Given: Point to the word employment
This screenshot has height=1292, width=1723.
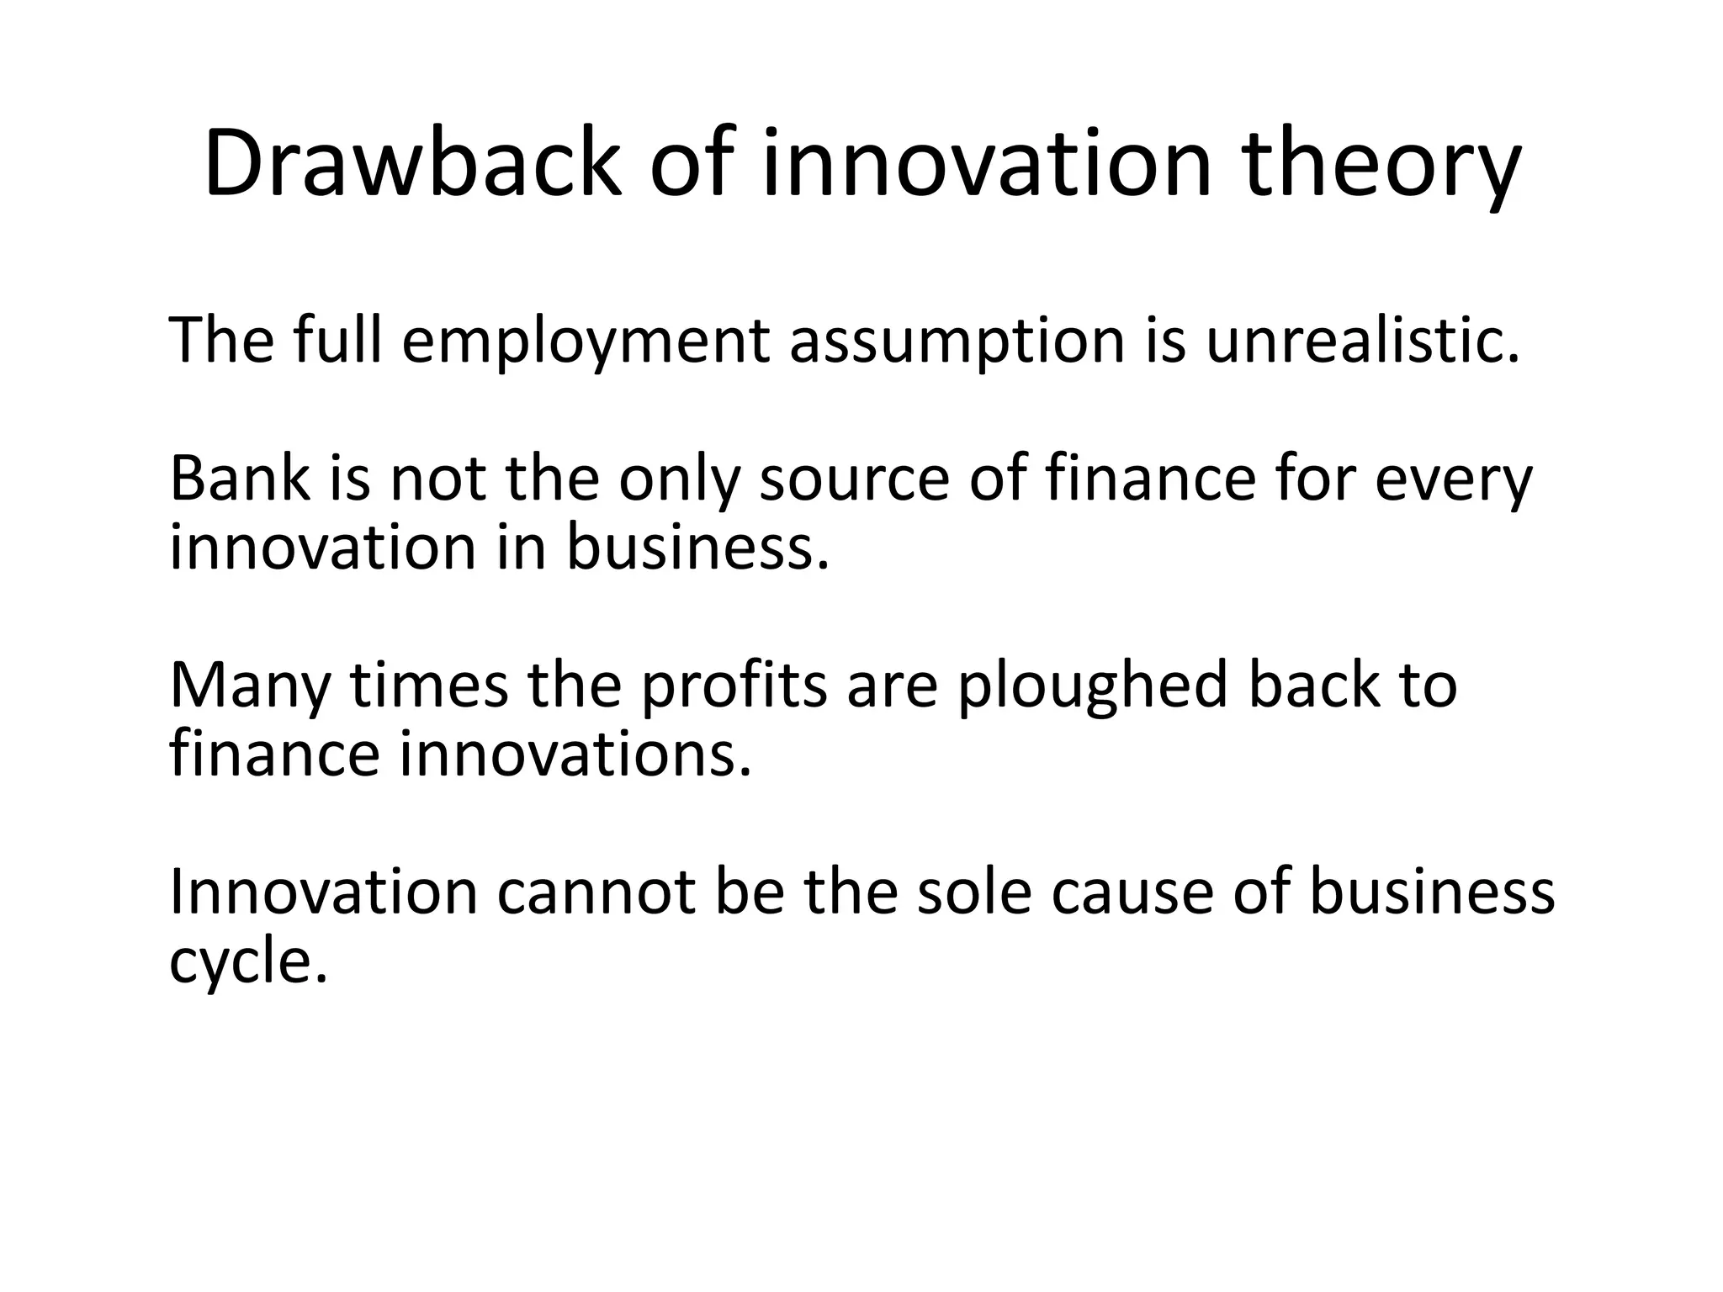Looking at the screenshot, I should coord(586,342).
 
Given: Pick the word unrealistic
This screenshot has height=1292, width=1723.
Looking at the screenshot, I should coord(1363,340).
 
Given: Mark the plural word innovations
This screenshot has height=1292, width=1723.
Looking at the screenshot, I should coord(575,754).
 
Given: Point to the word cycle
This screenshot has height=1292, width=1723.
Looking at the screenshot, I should coord(247,961).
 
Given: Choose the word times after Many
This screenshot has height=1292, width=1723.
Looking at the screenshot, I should coord(429,685).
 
